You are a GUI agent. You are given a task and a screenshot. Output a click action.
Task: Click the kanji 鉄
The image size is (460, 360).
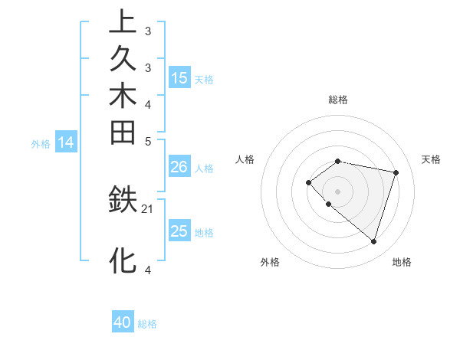coord(123,201)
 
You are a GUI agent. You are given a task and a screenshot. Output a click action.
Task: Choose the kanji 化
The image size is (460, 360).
coord(123,260)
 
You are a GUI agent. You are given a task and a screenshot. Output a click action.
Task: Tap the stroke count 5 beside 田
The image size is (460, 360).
coord(148,141)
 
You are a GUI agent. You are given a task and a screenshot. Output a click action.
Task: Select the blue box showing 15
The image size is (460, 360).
coord(179,77)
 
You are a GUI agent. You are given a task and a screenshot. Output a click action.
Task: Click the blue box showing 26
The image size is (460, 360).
coord(179,167)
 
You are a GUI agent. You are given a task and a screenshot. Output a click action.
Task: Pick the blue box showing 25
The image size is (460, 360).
coord(179,231)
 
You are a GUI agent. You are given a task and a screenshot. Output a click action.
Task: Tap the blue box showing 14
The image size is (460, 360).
coord(66,142)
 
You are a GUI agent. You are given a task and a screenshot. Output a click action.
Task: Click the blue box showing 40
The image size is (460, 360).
coord(123,322)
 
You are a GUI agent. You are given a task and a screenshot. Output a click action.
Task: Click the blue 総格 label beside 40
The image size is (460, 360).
coord(147,324)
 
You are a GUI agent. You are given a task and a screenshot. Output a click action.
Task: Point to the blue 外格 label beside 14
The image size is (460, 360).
coord(41,143)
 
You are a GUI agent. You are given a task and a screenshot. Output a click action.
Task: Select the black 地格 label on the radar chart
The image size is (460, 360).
coord(402,262)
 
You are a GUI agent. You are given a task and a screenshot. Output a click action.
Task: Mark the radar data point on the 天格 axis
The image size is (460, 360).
coord(396,172)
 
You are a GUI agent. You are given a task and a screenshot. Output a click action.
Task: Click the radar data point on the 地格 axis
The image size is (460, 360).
coord(373,242)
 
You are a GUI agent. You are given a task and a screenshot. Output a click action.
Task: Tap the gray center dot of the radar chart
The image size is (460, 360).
coord(337,191)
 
